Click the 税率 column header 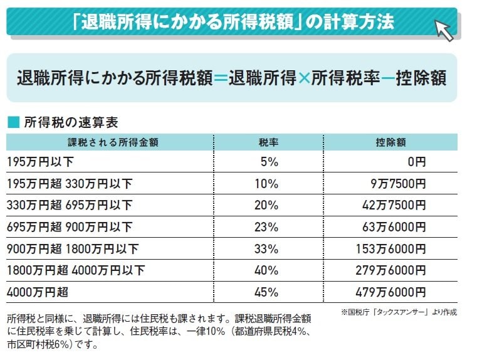click(x=268, y=142)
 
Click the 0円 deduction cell click(x=416, y=162)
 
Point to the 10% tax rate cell click(x=266, y=184)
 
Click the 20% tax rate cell click(x=266, y=206)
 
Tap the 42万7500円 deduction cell click(x=394, y=206)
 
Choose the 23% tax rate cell click(x=266, y=228)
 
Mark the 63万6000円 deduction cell click(x=394, y=228)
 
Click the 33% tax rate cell click(x=266, y=249)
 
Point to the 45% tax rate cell click(x=266, y=292)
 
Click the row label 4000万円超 click(x=37, y=292)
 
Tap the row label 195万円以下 click(x=40, y=162)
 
